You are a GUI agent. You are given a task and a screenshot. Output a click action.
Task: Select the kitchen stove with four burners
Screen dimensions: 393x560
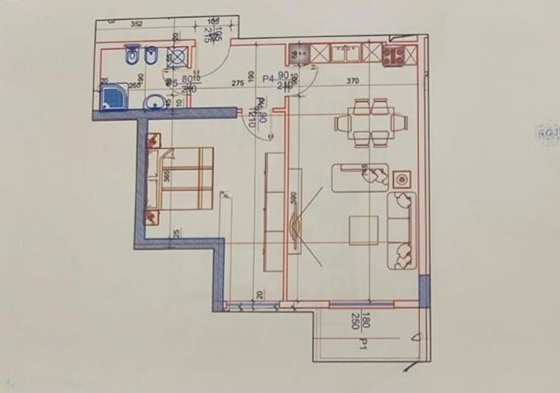pos(393,55)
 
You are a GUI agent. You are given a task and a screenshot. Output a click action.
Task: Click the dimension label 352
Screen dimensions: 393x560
pos(137,24)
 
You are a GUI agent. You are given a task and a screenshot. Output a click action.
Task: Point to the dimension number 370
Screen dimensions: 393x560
pos(352,82)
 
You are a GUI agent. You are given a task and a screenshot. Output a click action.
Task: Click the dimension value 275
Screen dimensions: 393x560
pos(237,83)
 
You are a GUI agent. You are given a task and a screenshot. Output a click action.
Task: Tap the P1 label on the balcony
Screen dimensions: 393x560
pos(362,343)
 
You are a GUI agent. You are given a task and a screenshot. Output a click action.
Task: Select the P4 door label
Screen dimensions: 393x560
pos(268,79)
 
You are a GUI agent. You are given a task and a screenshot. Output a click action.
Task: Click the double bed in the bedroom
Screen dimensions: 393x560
pos(186,178)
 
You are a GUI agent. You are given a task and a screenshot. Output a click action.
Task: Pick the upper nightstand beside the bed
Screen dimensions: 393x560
pos(153,140)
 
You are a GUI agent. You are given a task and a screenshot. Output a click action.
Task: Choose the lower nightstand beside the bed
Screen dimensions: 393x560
pos(153,217)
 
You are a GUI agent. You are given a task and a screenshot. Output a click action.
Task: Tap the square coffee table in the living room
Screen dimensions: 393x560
pos(364,230)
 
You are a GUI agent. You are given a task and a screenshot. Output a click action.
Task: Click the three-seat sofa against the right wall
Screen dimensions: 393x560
pos(402,230)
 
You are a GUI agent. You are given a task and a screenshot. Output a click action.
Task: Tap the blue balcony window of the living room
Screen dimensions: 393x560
pos(361,303)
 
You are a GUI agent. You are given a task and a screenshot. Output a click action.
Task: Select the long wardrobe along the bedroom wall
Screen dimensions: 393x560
pos(274,212)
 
